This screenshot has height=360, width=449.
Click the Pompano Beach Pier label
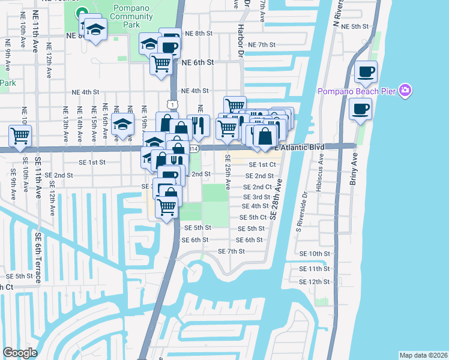point(358,91)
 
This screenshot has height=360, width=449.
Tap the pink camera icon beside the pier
point(405,91)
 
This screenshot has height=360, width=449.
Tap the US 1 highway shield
point(173,105)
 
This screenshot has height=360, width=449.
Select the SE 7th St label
point(231,251)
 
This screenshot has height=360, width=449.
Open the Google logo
point(20,353)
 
